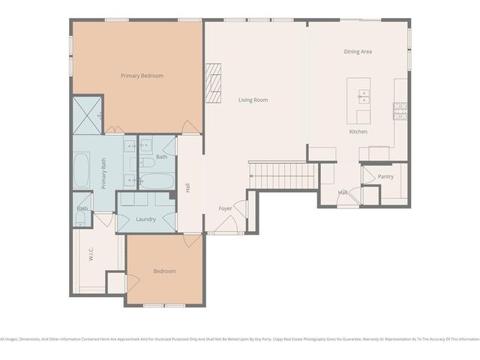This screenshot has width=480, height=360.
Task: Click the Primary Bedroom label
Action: tap(142, 76)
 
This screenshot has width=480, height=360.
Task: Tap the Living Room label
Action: tap(253, 100)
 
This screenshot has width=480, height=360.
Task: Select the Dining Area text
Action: tap(358, 52)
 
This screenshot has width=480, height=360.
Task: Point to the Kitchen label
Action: tap(358, 132)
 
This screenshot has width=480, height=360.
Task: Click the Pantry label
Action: tap(385, 177)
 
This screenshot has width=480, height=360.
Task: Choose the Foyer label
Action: tap(225, 208)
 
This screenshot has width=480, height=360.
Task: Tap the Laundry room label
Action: tap(146, 219)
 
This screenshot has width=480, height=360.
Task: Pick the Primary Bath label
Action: tap(104, 175)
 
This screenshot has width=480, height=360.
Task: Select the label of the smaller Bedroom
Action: tap(165, 271)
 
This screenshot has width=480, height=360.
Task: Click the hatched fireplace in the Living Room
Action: tap(215, 82)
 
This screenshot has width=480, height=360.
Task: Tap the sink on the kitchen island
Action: tap(364, 96)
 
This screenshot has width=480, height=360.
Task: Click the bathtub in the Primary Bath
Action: tap(82, 172)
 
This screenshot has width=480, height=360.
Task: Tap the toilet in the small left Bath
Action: tap(81, 219)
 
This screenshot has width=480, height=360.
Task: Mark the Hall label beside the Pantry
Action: tap(343, 193)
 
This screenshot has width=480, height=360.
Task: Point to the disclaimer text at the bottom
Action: tap(240, 339)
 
